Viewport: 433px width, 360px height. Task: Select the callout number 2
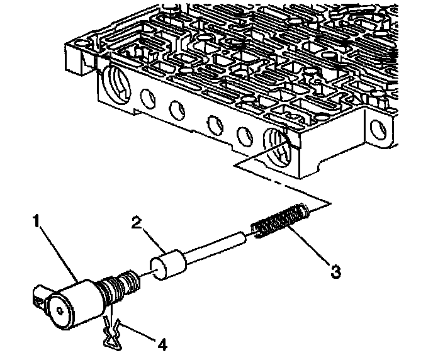pyautogui.click(x=137, y=223)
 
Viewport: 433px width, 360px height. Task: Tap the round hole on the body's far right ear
pyautogui.click(x=378, y=128)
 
